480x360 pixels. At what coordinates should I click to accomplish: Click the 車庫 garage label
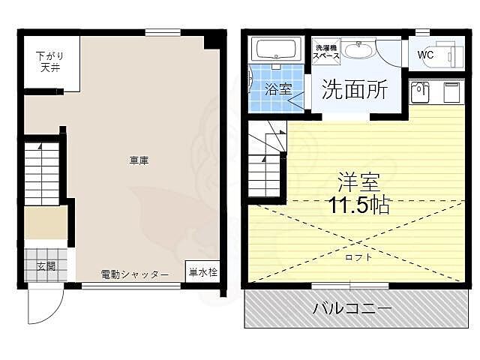pos(137,159)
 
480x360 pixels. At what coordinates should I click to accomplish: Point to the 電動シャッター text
pos(135,274)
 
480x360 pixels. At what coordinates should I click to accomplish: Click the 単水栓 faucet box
pos(202,272)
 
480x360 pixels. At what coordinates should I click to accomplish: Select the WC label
pos(425,55)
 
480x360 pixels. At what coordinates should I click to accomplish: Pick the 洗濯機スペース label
pos(326,52)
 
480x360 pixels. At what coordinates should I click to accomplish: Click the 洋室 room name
pos(358,180)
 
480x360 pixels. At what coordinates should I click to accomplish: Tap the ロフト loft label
pos(358,256)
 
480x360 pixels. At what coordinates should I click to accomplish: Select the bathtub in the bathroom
pos(278,50)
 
